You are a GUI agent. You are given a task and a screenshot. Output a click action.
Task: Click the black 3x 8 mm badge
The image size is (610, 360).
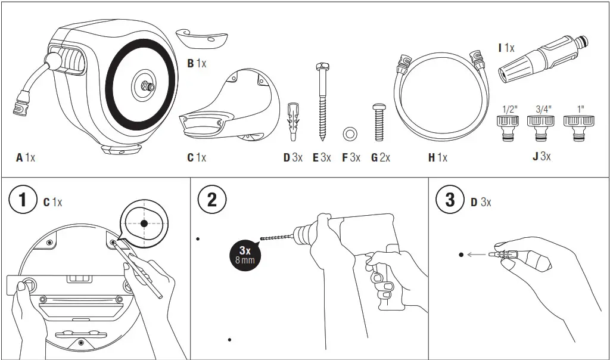pos(245,255)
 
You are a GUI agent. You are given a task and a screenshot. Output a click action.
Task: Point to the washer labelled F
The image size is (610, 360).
pos(350,133)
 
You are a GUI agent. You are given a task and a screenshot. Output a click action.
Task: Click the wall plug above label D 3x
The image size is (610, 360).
pos(292,120)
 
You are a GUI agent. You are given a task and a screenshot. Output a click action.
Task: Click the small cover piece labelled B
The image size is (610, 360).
pos(202,39)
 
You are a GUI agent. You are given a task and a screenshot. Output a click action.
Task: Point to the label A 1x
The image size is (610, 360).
pos(26,158)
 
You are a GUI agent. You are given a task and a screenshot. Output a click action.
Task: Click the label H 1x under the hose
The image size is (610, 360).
pos(437,158)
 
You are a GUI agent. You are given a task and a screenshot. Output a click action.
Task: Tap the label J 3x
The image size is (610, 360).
pos(541,157)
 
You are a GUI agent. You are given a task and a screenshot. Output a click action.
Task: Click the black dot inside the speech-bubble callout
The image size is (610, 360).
pos(144,223)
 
